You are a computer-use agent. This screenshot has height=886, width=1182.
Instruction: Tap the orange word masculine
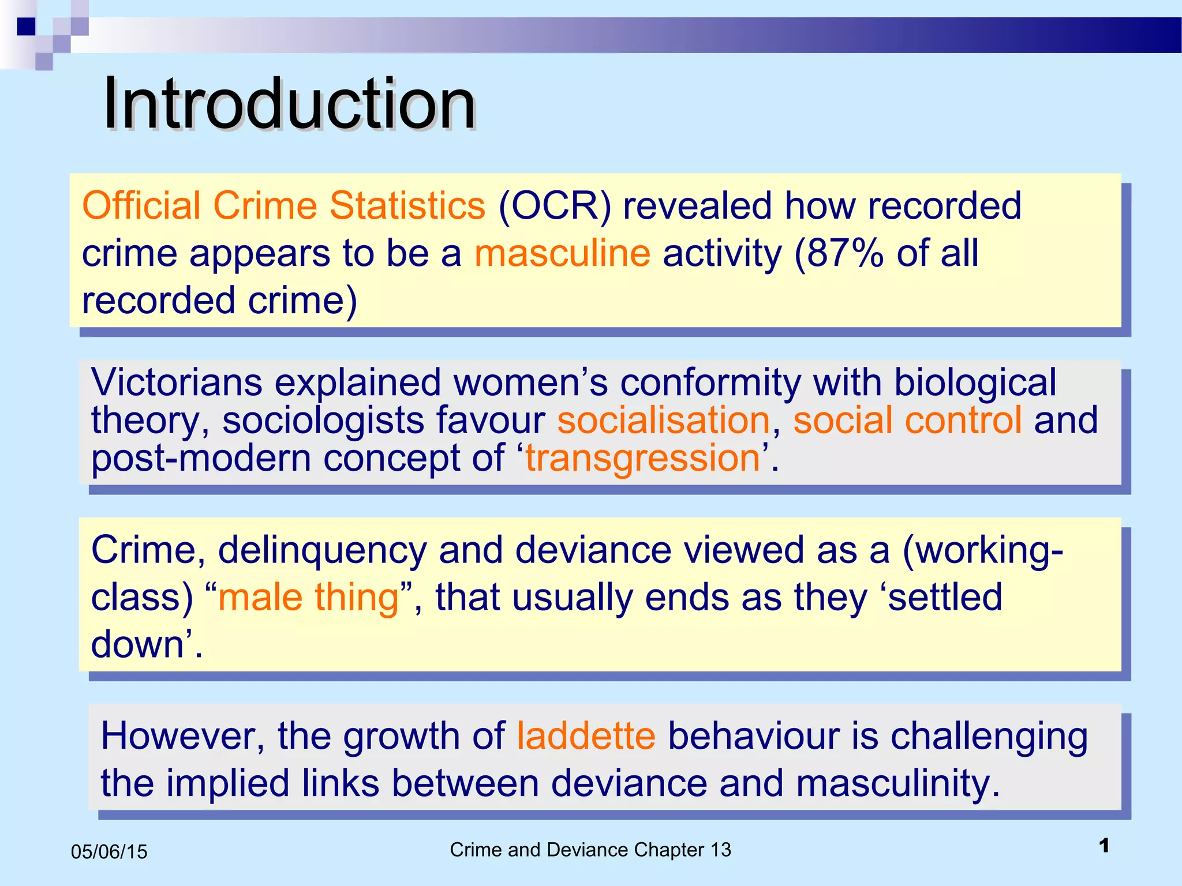click(562, 253)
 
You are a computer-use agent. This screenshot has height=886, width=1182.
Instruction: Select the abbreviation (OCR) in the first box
click(554, 206)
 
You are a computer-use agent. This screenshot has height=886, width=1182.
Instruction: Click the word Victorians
click(177, 382)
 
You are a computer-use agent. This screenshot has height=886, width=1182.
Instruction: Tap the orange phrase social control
click(907, 420)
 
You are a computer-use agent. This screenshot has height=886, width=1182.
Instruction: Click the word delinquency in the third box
click(321, 550)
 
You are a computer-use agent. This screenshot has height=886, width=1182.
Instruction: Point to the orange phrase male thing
click(309, 597)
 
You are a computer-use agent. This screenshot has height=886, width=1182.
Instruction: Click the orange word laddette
click(586, 737)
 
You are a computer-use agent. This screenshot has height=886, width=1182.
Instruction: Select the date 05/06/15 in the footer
click(109, 852)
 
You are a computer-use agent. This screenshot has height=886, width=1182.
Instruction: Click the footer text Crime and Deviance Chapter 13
click(590, 850)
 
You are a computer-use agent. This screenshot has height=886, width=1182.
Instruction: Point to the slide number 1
click(1104, 846)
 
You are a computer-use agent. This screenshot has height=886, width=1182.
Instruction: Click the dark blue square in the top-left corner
click(26, 27)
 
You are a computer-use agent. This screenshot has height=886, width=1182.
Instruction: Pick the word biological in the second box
click(975, 382)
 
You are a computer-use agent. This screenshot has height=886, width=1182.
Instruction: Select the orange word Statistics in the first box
click(407, 206)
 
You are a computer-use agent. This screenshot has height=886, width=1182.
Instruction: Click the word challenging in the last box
click(989, 737)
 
